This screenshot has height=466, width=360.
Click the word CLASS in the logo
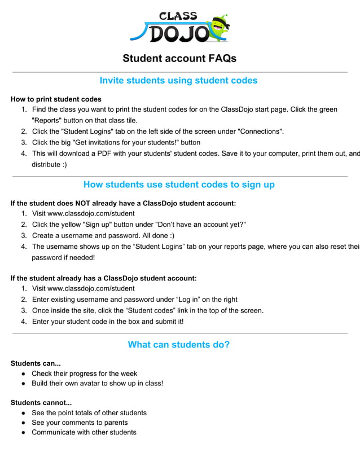coord(178,16)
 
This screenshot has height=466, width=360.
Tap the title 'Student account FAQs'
coord(179,59)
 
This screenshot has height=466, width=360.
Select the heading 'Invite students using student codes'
coord(178,81)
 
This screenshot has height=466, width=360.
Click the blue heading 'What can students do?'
coord(178,345)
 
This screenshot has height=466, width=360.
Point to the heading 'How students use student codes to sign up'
coord(179,184)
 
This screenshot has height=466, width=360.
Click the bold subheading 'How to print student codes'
coord(56,99)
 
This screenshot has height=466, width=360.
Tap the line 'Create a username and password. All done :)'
coord(103,235)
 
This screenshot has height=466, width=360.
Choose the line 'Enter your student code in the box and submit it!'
coord(108,322)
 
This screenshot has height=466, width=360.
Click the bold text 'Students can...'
coord(36,363)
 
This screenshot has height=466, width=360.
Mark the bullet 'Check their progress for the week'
coord(84,373)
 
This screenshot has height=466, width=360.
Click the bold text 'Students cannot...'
coord(41,403)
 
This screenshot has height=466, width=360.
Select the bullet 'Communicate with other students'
coord(84,432)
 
